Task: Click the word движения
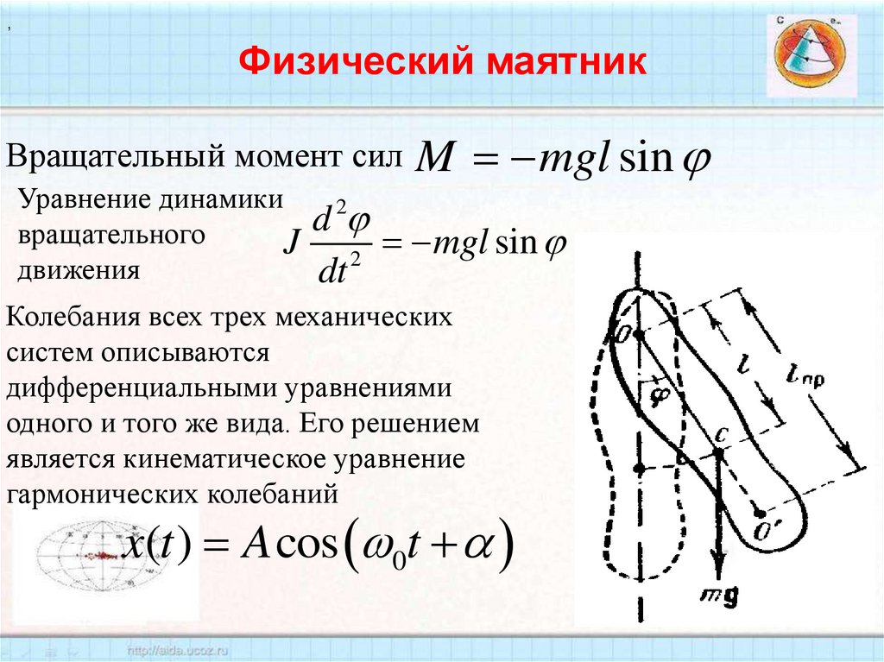[x=79, y=270]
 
